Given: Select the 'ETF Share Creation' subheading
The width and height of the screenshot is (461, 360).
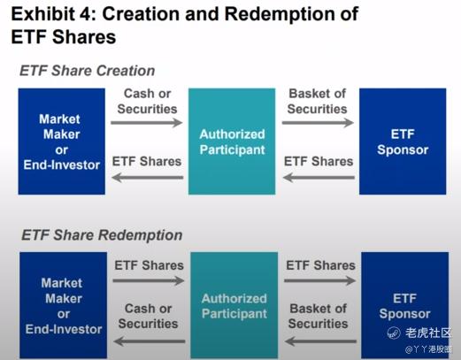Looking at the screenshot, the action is pos(88,71).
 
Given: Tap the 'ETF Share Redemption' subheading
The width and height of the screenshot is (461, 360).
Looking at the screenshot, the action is pos(102,235).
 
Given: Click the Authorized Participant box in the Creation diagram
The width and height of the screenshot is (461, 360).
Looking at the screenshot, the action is pos(232,142).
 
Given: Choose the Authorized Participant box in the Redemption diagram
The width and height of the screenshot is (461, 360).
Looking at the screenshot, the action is pos(234,305).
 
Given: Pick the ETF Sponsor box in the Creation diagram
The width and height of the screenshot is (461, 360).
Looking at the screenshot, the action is pos(403,142).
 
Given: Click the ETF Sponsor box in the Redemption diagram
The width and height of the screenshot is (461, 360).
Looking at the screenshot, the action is pos(405,305).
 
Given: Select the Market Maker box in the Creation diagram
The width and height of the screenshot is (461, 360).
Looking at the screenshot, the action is pos(62,142).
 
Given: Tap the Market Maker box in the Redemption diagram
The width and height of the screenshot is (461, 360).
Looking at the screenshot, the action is pos(64,305).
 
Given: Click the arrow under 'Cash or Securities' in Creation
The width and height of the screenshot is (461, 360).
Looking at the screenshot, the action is pos(147,123).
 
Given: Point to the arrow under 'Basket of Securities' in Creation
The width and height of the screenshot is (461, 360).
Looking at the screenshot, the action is pos(318,123).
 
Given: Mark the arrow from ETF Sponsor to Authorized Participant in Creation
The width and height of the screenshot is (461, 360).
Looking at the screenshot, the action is pos(319,178).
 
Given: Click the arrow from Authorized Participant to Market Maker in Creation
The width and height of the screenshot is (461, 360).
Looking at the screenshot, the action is pos(148,178).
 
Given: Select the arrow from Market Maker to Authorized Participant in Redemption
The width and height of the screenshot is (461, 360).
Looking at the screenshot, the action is pos(149,280).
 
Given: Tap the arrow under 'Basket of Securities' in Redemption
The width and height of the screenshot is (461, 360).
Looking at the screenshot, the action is pos(320,341).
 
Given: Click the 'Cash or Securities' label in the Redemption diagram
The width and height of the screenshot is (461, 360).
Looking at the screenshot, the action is pos(148,316).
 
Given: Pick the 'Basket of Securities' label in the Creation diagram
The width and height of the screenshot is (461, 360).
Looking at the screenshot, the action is pos(318,101).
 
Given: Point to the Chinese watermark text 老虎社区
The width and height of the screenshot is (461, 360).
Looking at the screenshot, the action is pos(428,333).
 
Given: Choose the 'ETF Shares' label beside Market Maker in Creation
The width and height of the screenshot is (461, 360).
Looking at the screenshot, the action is pos(147,161).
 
